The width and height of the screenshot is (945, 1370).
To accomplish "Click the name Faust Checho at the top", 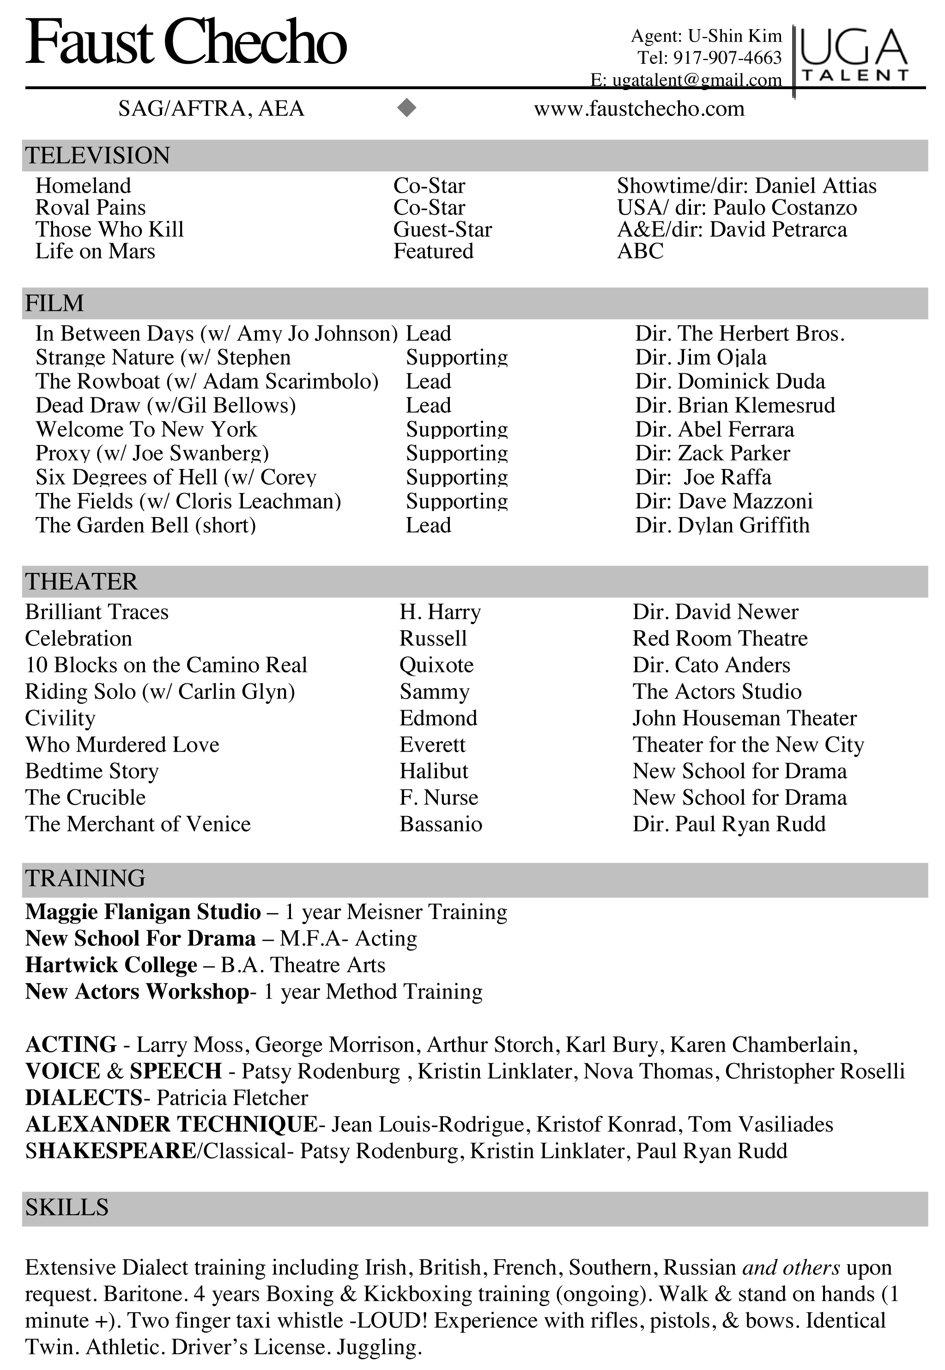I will click(x=185, y=43).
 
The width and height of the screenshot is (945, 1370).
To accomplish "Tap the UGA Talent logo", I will click(x=854, y=55).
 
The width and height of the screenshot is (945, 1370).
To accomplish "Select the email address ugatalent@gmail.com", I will click(x=697, y=80).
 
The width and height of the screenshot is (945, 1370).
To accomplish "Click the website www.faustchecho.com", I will click(x=639, y=109).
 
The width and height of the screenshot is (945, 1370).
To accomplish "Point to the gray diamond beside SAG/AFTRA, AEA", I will click(x=407, y=108).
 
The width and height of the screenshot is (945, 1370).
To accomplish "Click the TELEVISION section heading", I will click(x=98, y=156).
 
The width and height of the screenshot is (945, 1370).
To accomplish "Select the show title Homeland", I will click(x=83, y=186).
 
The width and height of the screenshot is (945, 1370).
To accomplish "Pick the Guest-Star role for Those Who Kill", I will click(x=442, y=229).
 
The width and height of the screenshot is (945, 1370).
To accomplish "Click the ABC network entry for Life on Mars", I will click(x=640, y=251).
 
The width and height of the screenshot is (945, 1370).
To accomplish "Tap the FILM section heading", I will click(x=55, y=303).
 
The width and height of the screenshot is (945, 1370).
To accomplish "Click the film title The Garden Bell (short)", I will click(x=145, y=525).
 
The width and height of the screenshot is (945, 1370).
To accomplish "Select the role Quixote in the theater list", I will click(x=436, y=665).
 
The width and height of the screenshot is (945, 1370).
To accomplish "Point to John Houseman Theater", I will click(x=744, y=718).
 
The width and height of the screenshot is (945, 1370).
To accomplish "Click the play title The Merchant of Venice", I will click(x=138, y=824).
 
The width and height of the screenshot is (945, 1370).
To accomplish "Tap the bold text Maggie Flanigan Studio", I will click(x=143, y=912).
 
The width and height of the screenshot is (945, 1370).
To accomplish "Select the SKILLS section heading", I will click(x=67, y=1207).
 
